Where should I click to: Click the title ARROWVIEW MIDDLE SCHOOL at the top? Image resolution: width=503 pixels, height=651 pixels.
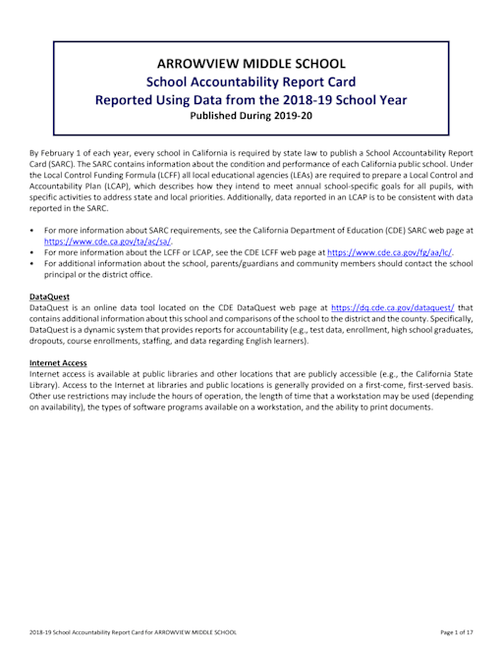[251, 61]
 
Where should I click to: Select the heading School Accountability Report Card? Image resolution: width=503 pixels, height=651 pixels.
[251, 81]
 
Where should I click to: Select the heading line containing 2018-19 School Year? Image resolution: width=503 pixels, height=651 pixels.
[251, 98]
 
